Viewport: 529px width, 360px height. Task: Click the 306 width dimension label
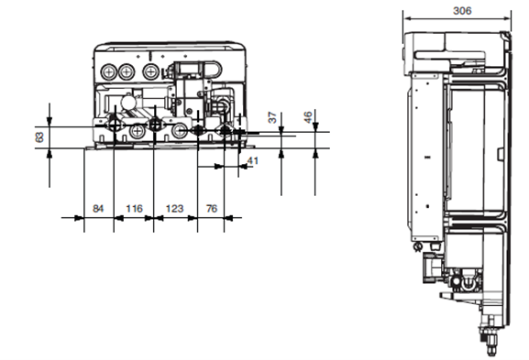[462, 11]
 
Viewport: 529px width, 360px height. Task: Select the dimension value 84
[98, 209]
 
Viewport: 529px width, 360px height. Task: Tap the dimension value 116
[134, 209]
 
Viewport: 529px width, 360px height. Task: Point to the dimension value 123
[174, 209]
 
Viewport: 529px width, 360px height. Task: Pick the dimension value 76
[212, 209]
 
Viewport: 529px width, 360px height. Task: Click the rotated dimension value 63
[39, 137]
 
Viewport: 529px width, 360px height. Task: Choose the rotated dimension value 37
[272, 117]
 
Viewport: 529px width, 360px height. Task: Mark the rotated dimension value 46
[308, 117]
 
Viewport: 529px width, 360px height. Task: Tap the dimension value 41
[253, 160]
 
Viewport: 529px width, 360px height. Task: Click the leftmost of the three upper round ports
[108, 71]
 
